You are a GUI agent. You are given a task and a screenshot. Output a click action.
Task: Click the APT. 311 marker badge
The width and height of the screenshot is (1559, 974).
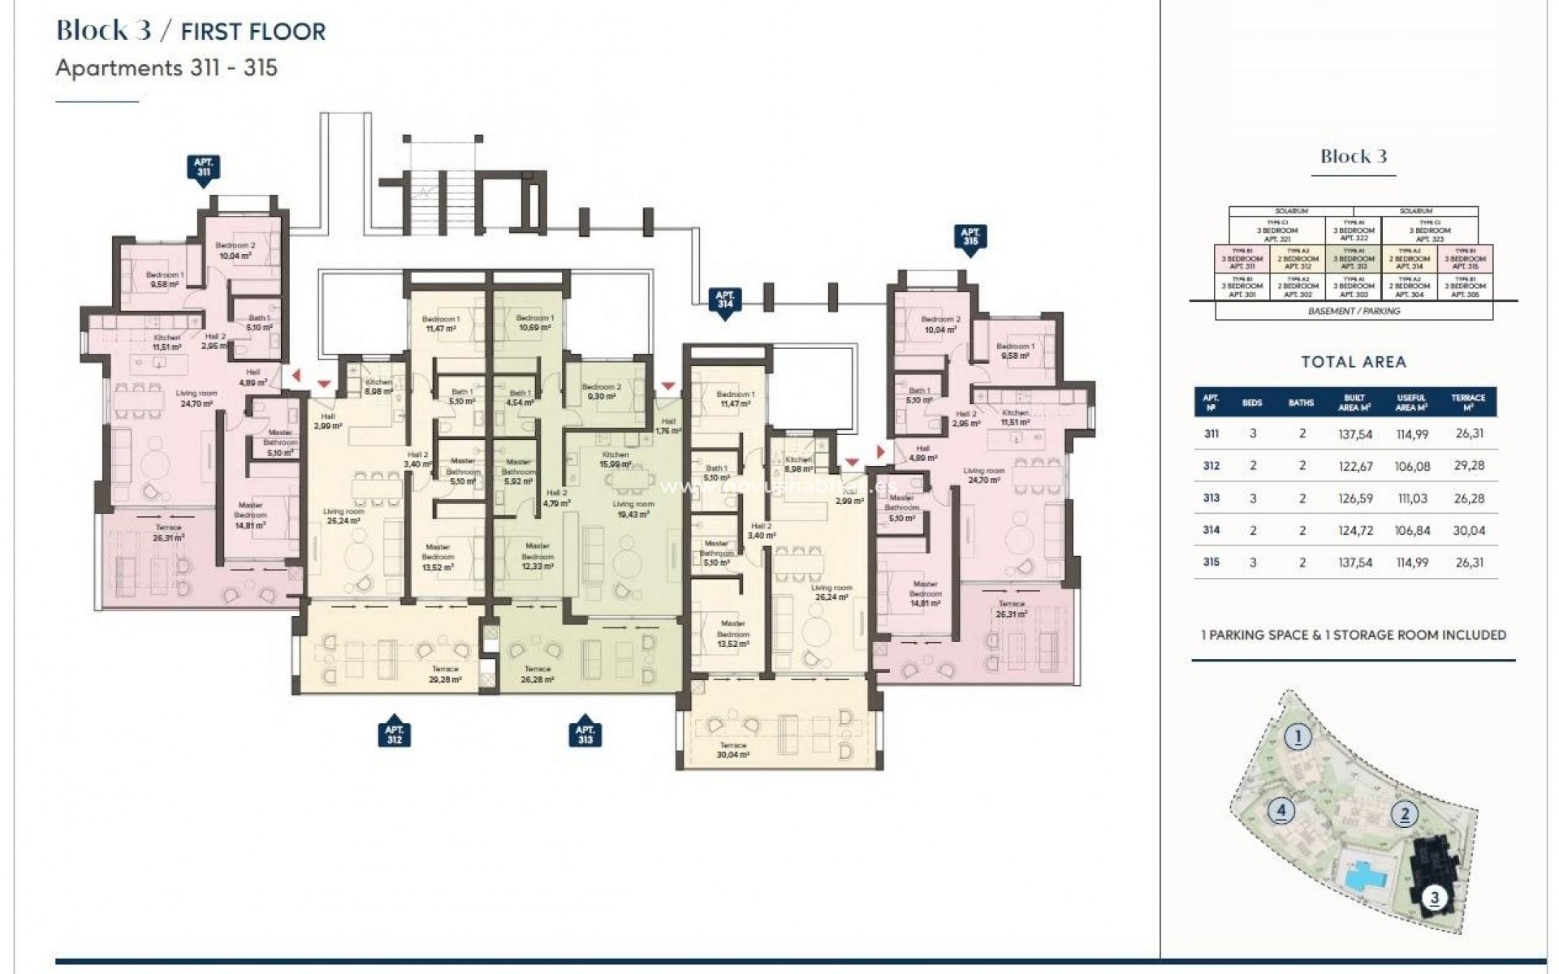[203, 169]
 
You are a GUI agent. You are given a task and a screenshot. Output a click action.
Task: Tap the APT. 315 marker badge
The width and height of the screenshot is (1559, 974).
[970, 237]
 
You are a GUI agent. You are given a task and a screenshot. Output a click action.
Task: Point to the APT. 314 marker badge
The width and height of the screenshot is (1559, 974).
[725, 300]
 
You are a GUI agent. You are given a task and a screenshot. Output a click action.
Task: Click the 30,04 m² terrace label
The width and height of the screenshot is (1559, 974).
[732, 750]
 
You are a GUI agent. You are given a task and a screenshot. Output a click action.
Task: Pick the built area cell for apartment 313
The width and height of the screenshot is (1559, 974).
[1355, 498]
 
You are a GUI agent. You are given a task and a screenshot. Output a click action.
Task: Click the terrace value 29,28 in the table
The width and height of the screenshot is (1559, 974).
[1469, 466]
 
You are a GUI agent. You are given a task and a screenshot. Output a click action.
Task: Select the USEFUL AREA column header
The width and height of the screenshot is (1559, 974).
[1412, 403]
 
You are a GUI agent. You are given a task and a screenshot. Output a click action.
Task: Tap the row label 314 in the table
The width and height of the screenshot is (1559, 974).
[1211, 530]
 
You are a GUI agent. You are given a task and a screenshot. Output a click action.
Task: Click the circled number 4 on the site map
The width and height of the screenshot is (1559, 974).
[1280, 809]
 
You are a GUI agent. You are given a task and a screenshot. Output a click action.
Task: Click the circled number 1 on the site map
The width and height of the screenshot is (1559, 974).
[1298, 737]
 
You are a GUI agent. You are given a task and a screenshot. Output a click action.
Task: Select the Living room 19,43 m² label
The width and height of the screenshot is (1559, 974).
[633, 509]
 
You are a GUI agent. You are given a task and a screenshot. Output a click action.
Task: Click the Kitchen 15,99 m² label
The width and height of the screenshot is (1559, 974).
[615, 459]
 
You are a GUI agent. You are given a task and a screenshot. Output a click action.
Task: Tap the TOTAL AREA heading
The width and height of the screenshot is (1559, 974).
[1353, 362]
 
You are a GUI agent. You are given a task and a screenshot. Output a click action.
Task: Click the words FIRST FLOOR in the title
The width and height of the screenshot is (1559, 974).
[253, 32]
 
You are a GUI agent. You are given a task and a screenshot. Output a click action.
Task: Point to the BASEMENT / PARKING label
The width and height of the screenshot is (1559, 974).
[1353, 311]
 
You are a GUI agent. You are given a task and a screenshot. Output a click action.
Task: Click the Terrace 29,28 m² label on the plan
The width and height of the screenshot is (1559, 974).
[445, 674]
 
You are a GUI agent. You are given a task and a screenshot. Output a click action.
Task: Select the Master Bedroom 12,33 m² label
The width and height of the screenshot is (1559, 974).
[537, 557]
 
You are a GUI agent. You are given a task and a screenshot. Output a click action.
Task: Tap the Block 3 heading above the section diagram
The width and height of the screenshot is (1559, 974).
[1353, 157]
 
